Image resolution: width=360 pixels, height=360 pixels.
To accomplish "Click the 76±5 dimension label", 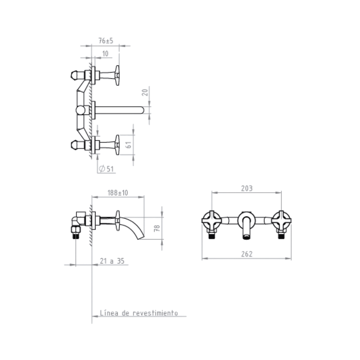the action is pyautogui.click(x=106, y=41).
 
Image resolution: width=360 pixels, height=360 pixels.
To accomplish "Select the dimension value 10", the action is pyautogui.click(x=105, y=54).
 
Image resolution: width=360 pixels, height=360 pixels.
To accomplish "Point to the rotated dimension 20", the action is pyautogui.click(x=145, y=93).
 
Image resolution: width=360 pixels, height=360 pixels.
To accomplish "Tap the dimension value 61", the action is pyautogui.click(x=129, y=144).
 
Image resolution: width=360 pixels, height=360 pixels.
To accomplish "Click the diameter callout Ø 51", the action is pyautogui.click(x=106, y=169).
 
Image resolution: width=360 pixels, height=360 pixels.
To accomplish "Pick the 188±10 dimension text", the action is pyautogui.click(x=118, y=193).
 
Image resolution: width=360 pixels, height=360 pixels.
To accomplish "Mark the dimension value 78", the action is pyautogui.click(x=157, y=228).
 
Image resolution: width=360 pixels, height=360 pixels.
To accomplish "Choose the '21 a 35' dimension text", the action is pyautogui.click(x=112, y=261).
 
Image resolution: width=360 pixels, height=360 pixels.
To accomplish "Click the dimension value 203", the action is pyautogui.click(x=247, y=189).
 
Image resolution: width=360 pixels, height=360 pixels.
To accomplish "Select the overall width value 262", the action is pyautogui.click(x=247, y=254).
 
